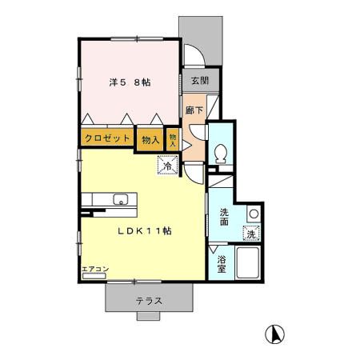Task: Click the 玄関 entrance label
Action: point(200,81)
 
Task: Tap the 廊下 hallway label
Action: point(194,110)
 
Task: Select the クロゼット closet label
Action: point(107,138)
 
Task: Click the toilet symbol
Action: point(221,154)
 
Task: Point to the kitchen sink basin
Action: point(121,199)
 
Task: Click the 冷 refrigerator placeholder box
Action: point(168,166)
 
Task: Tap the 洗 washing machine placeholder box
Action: point(251,234)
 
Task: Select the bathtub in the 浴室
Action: point(248,262)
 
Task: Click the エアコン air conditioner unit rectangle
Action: point(94,276)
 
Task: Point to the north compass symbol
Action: point(274,334)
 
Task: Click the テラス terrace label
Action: point(149,302)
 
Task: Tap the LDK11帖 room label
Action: point(145,231)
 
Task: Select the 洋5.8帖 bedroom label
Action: point(130,82)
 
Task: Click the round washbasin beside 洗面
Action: point(254,214)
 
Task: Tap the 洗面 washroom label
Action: point(224,217)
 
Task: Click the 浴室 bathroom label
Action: point(221,264)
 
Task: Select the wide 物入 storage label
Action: point(150,140)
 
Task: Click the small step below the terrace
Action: point(148,316)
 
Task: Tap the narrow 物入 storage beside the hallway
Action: point(173,140)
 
